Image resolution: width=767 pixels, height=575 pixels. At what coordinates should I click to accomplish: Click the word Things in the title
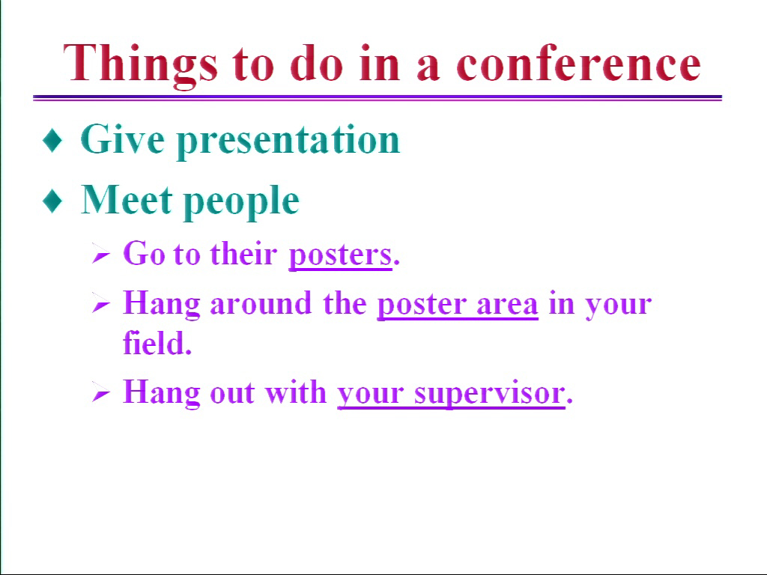140,66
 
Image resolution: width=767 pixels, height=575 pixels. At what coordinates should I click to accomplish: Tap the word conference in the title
579,63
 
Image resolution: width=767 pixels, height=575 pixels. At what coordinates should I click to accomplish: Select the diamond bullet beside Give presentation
52,140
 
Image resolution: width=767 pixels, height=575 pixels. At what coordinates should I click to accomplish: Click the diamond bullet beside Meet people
52,201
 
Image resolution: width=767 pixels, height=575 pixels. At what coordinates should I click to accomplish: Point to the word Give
122,139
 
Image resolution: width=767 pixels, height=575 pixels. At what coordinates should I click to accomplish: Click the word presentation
288,141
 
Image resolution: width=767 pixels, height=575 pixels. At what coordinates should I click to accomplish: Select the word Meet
127,199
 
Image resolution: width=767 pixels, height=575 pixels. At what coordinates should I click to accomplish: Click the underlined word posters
341,255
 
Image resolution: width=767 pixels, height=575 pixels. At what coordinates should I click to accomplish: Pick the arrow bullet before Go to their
101,254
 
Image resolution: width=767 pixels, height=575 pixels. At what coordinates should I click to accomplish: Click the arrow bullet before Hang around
101,304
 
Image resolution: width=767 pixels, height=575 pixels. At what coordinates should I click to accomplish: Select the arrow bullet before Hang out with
101,393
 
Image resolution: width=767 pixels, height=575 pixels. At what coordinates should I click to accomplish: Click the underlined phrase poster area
458,305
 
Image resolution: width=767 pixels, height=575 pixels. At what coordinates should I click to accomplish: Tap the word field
154,342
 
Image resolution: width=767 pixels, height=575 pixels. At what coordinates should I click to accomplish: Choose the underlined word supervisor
490,394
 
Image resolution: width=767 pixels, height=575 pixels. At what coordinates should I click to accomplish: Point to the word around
261,303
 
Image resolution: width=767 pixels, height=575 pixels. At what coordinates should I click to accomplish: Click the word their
243,253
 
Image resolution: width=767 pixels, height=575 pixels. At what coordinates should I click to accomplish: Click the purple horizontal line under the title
378,98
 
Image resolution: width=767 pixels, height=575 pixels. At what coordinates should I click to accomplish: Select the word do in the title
316,64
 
